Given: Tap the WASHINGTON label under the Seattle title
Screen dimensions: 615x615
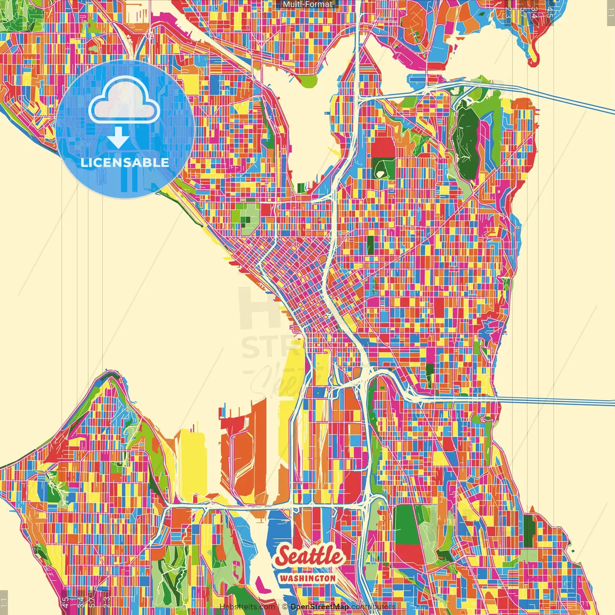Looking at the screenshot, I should coord(307,578).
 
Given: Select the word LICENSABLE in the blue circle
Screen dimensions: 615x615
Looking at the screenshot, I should coord(125,162).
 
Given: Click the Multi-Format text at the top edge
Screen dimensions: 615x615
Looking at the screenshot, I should coord(307,4).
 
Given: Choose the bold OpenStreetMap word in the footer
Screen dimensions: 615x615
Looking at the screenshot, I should coord(319,607).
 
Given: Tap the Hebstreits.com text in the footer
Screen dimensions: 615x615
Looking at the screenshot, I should coord(247,607).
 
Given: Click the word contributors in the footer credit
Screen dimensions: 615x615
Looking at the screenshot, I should coord(373,607).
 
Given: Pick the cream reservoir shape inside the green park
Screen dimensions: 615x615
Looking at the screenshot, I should coord(382,169).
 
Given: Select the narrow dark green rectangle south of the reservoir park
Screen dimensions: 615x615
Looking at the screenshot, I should coord(370,245).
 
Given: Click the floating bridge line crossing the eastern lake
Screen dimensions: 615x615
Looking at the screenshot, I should coord(553,400).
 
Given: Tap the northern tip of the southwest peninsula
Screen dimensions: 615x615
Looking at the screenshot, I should coord(111,379).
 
